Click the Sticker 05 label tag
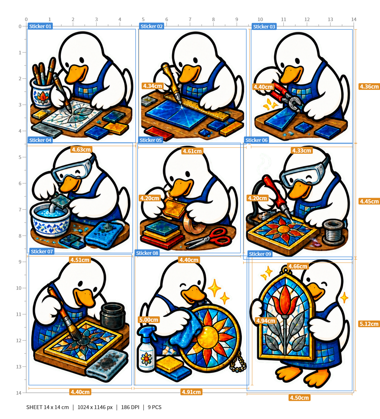pyautogui.click(x=150, y=140)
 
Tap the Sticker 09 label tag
pyautogui.click(x=260, y=254)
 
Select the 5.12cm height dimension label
pyautogui.click(x=369, y=324)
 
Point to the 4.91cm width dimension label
pyautogui.click(x=191, y=392)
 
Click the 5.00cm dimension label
pyautogui.click(x=149, y=320)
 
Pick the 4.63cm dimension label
pyautogui.click(x=81, y=150)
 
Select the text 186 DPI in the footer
pyautogui.click(x=130, y=407)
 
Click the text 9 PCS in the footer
pyautogui.click(x=154, y=407)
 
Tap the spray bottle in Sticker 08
pyautogui.click(x=146, y=349)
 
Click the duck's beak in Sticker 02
pyautogui.click(x=189, y=74)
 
